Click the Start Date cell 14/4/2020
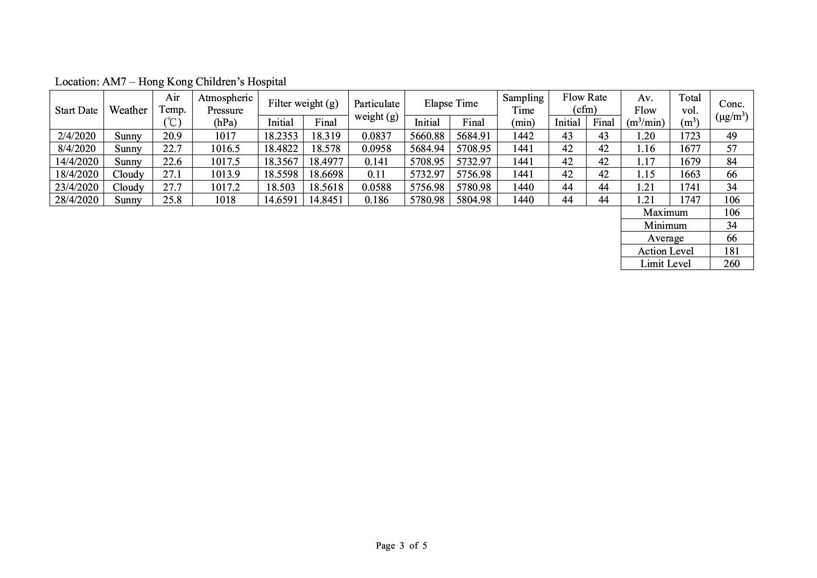tap(77, 162)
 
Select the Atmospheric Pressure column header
tap(225, 110)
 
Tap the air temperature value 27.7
tap(172, 187)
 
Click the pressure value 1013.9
tap(225, 174)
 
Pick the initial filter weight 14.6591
tap(280, 200)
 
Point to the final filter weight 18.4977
tap(326, 162)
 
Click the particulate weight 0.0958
tap(376, 149)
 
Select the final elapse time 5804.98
tap(473, 200)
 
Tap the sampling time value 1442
tap(523, 136)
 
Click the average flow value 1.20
tap(645, 136)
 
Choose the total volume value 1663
tap(689, 174)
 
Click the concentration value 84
tap(731, 162)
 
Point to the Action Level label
tap(665, 251)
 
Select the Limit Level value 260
tap(731, 264)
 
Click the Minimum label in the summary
tap(665, 226)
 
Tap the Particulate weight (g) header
tap(376, 110)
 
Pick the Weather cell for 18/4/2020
tap(128, 174)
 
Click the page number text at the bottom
tap(401, 546)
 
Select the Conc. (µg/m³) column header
tap(731, 110)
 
